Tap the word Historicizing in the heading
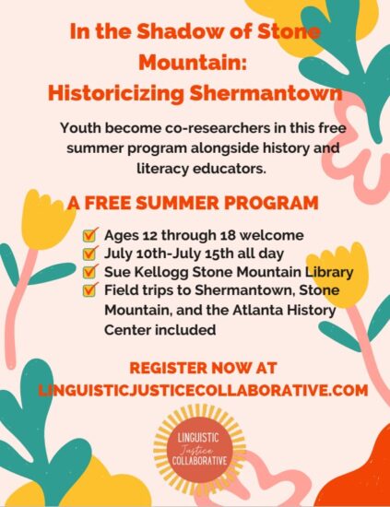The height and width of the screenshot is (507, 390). click(x=115, y=94)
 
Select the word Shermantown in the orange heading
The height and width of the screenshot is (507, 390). click(x=266, y=93)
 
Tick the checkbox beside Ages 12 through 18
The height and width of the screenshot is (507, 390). click(x=89, y=235)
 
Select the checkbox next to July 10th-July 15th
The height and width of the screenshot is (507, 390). click(x=89, y=253)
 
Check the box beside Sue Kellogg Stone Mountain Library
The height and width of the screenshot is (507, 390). click(x=89, y=271)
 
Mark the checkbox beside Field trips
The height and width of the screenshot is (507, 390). click(x=89, y=289)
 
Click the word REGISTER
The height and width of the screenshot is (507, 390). click(x=168, y=368)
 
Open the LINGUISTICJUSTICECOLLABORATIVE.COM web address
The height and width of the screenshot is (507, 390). click(x=203, y=390)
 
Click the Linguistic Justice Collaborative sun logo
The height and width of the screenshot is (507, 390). click(x=198, y=450)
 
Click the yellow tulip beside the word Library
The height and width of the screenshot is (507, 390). click(x=338, y=275)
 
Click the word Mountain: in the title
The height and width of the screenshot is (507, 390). click(x=193, y=63)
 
